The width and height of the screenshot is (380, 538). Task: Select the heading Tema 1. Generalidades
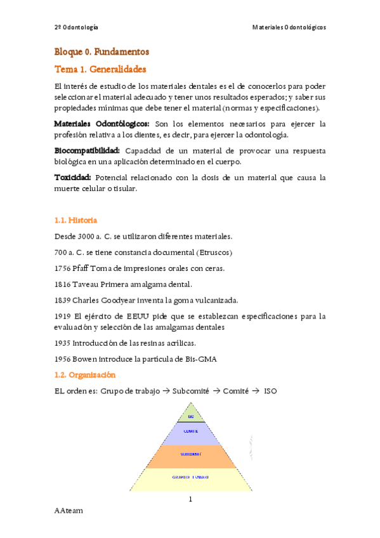(100, 68)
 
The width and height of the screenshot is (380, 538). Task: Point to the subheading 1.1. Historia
(75, 220)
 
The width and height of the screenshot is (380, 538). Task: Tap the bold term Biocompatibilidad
(87, 150)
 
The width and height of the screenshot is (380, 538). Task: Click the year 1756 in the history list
(63, 268)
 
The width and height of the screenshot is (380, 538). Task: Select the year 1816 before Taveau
(63, 284)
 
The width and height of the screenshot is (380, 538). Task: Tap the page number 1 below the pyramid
(190, 499)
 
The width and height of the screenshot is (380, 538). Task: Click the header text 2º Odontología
(76, 27)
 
